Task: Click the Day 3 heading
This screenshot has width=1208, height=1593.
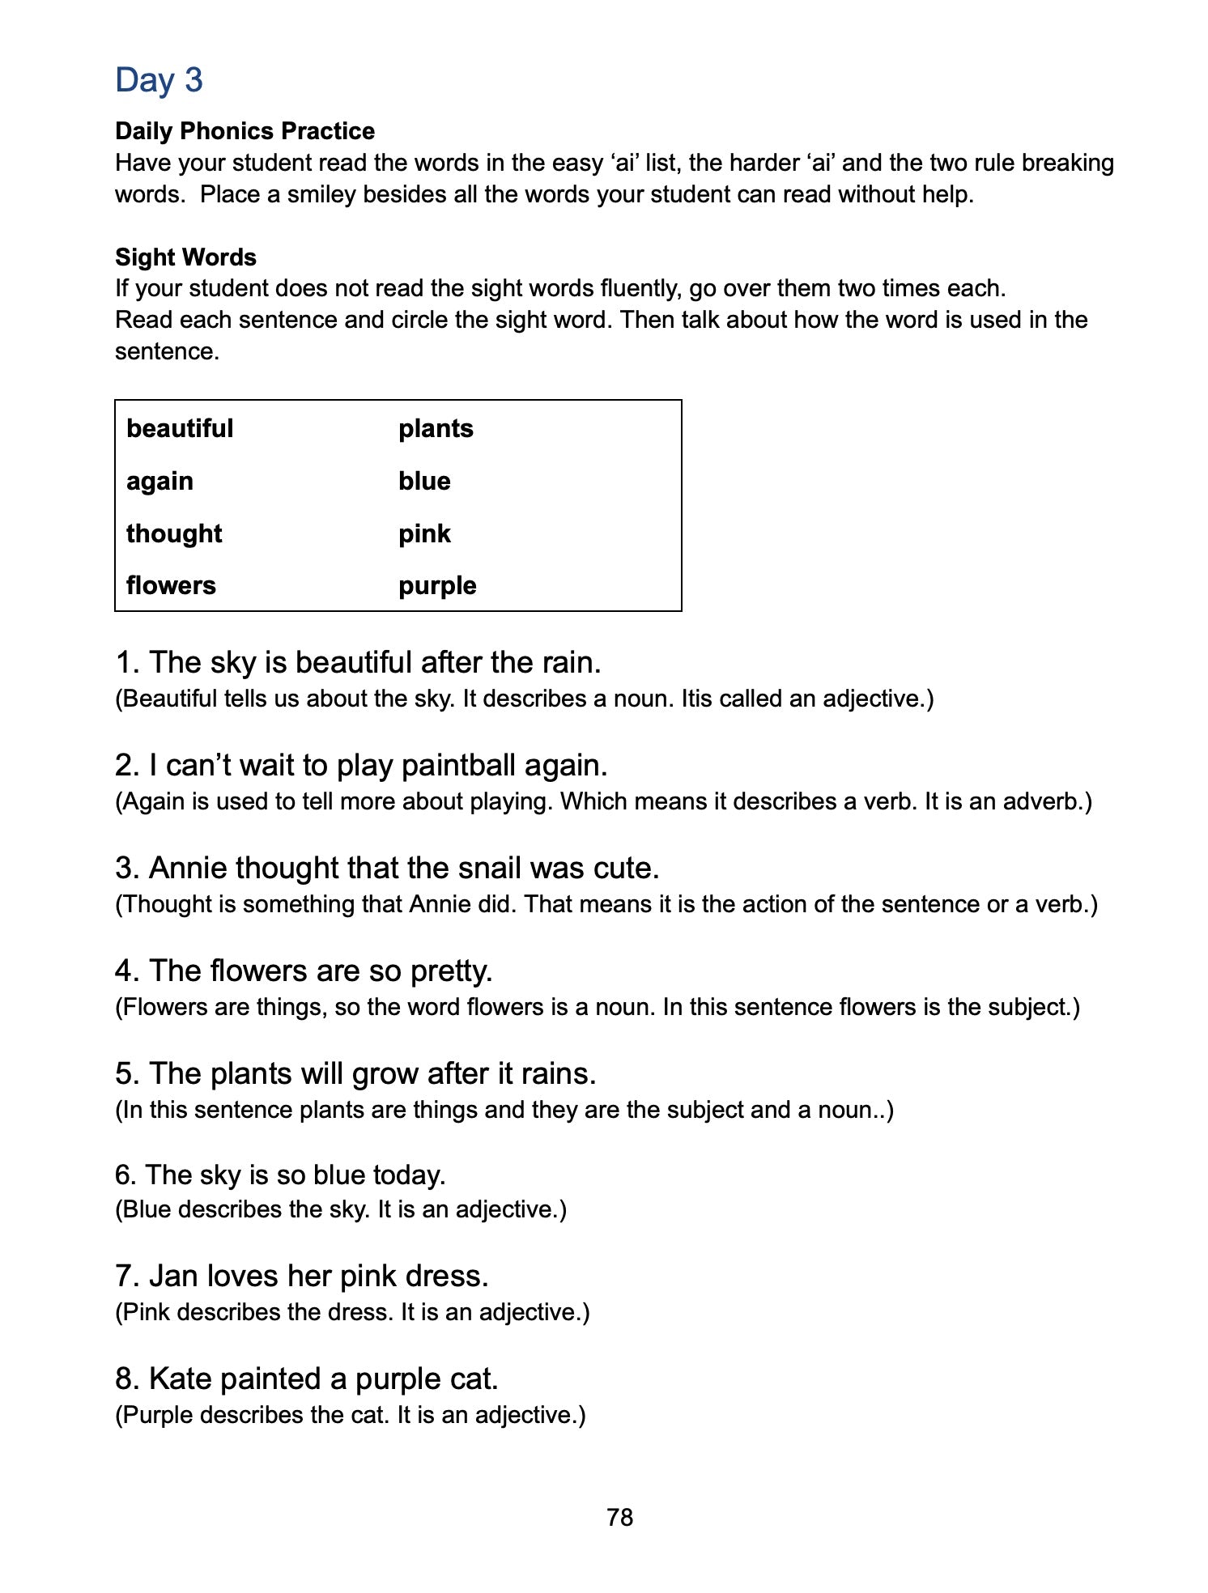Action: [159, 80]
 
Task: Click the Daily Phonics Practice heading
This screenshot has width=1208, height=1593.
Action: [245, 131]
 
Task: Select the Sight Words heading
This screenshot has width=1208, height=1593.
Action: [185, 257]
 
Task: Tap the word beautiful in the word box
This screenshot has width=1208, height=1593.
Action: [180, 428]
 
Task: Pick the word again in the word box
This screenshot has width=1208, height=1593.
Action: [160, 482]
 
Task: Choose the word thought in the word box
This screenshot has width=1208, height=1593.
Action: [174, 533]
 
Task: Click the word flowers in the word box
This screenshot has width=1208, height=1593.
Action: [171, 585]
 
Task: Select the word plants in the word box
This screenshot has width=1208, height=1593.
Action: [436, 428]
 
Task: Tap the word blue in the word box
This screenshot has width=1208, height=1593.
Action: [424, 482]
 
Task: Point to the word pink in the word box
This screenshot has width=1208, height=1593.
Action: [424, 534]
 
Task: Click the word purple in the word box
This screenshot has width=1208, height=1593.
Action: [437, 586]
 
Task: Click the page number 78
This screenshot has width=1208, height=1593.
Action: [619, 1518]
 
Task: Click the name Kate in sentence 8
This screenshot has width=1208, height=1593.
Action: [180, 1378]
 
